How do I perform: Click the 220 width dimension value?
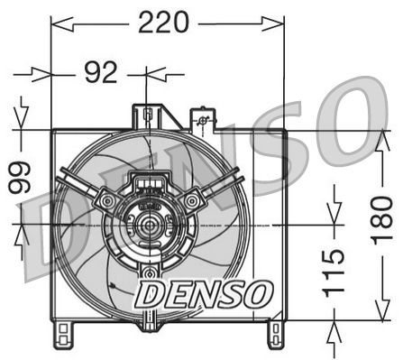163,23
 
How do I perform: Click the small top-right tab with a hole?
204,120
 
